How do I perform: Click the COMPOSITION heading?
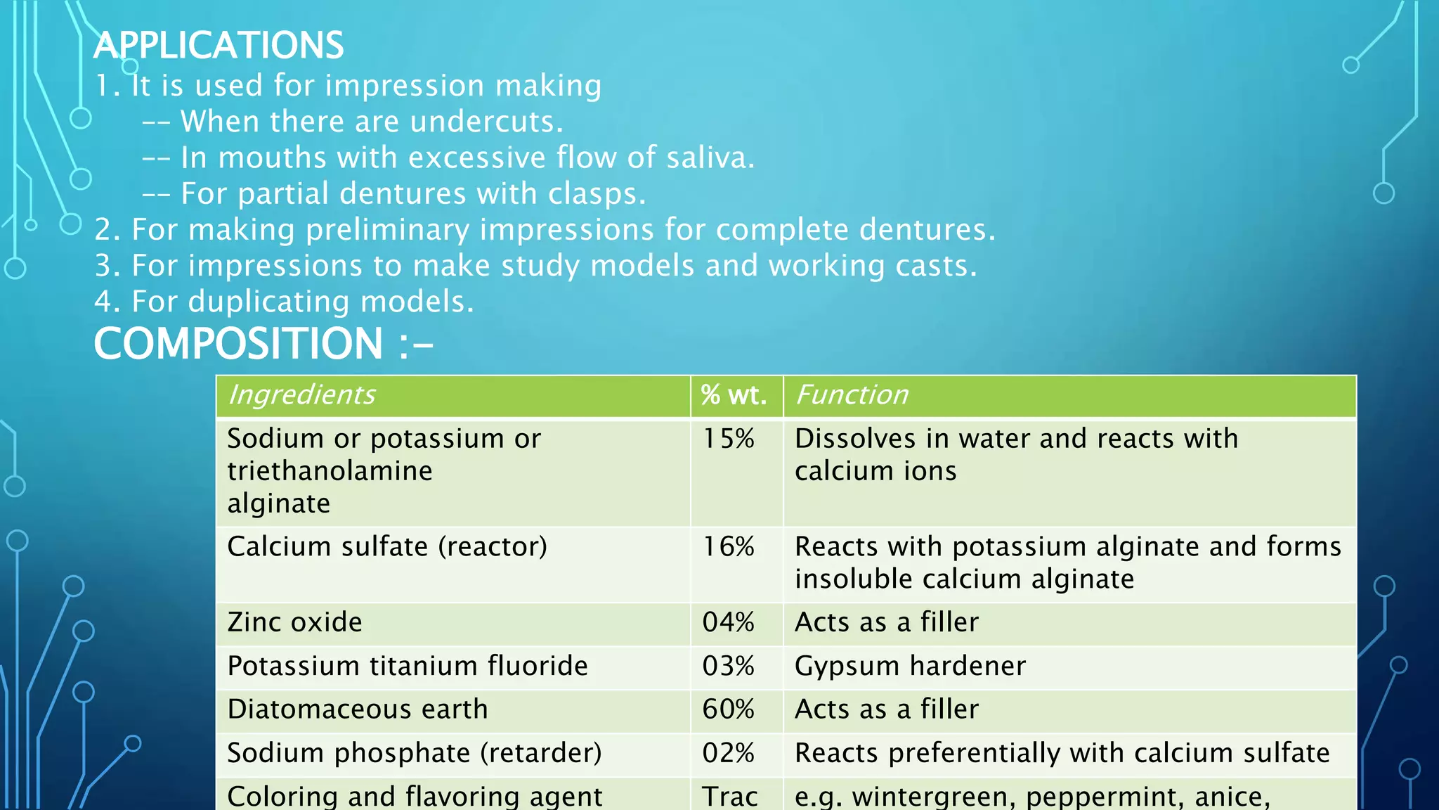(x=263, y=344)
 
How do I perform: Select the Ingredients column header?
(x=302, y=395)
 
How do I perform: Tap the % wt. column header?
(x=734, y=395)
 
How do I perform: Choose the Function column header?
(x=852, y=395)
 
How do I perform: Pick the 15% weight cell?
(x=729, y=439)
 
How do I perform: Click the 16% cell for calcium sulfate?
(x=729, y=547)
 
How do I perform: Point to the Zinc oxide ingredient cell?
(x=295, y=623)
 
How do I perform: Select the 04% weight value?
(x=729, y=623)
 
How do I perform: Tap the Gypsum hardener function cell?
(x=910, y=667)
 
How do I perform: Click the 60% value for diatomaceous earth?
(x=729, y=709)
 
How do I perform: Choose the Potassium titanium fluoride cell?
(x=408, y=667)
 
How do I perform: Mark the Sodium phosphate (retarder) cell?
(x=415, y=753)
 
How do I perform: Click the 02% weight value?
(x=729, y=753)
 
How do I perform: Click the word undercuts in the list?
(x=485, y=122)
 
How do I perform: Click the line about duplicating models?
(x=285, y=302)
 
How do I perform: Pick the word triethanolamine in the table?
(x=330, y=471)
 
